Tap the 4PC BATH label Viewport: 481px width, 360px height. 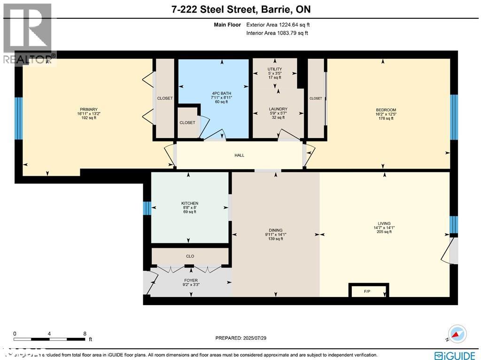(219, 93)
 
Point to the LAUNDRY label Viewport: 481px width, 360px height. (278, 109)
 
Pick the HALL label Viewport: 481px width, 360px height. (240, 156)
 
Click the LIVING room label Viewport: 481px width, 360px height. (384, 224)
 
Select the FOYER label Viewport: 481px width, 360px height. (191, 280)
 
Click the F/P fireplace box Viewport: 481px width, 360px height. (368, 291)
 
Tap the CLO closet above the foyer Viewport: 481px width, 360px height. (190, 256)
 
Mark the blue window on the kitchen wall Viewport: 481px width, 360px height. (147, 208)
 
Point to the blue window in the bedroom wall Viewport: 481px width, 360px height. (454, 117)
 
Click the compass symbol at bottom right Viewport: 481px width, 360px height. (457, 334)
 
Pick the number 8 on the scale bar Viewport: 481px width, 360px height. (85, 333)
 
